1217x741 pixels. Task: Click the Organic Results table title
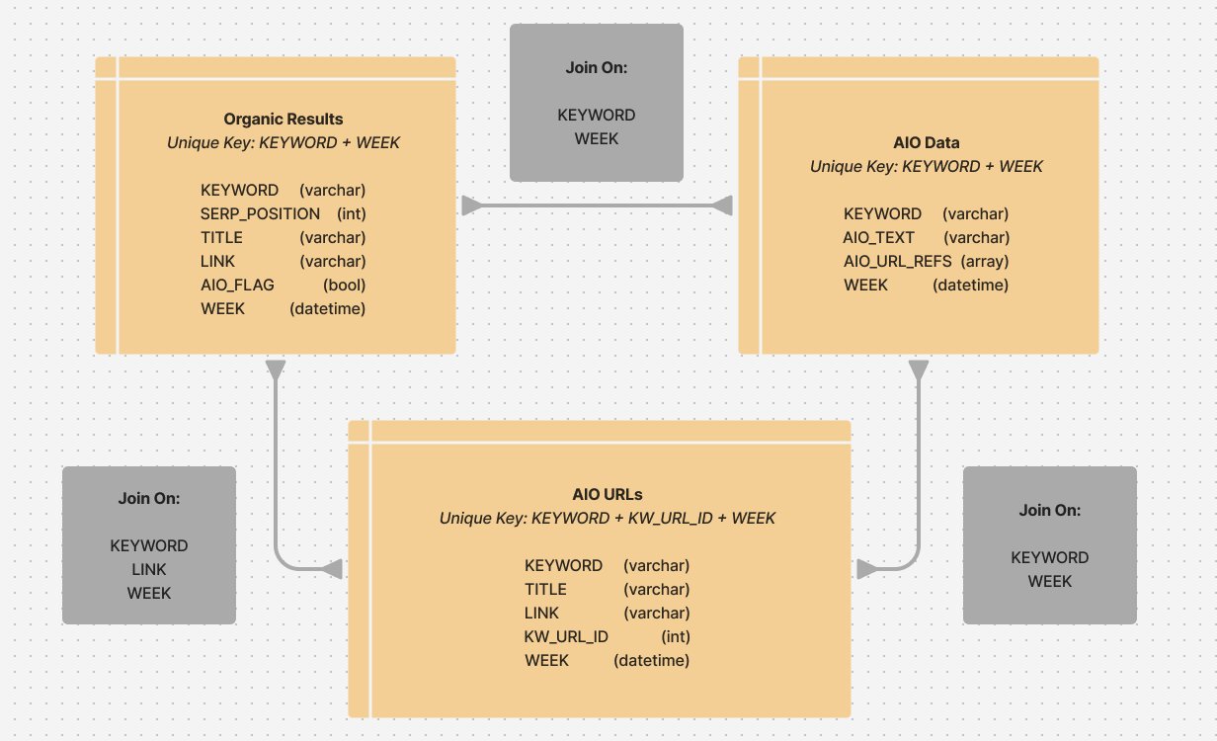pyautogui.click(x=284, y=120)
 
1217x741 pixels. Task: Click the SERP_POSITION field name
pyautogui.click(x=260, y=213)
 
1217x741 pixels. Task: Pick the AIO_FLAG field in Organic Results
pyautogui.click(x=237, y=285)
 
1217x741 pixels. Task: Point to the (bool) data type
pyautogui.click(x=345, y=285)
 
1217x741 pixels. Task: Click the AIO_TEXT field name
pyautogui.click(x=879, y=237)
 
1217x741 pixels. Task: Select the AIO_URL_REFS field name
pyautogui.click(x=897, y=261)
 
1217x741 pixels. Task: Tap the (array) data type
pyautogui.click(x=985, y=261)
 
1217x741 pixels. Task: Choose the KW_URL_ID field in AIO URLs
pyautogui.click(x=566, y=636)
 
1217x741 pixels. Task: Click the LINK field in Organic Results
pyautogui.click(x=218, y=261)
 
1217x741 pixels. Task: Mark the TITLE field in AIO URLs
pyautogui.click(x=545, y=589)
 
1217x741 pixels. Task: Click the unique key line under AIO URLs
pyautogui.click(x=608, y=518)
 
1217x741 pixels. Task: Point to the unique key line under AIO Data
pyautogui.click(x=926, y=166)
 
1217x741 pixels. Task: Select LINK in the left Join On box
pyautogui.click(x=149, y=569)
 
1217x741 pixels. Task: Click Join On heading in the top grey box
pyautogui.click(x=597, y=67)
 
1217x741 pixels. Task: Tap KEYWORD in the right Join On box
pyautogui.click(x=1050, y=557)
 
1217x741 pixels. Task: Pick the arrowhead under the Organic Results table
pyautogui.click(x=276, y=370)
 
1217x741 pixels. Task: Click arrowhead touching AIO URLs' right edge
pyautogui.click(x=866, y=569)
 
